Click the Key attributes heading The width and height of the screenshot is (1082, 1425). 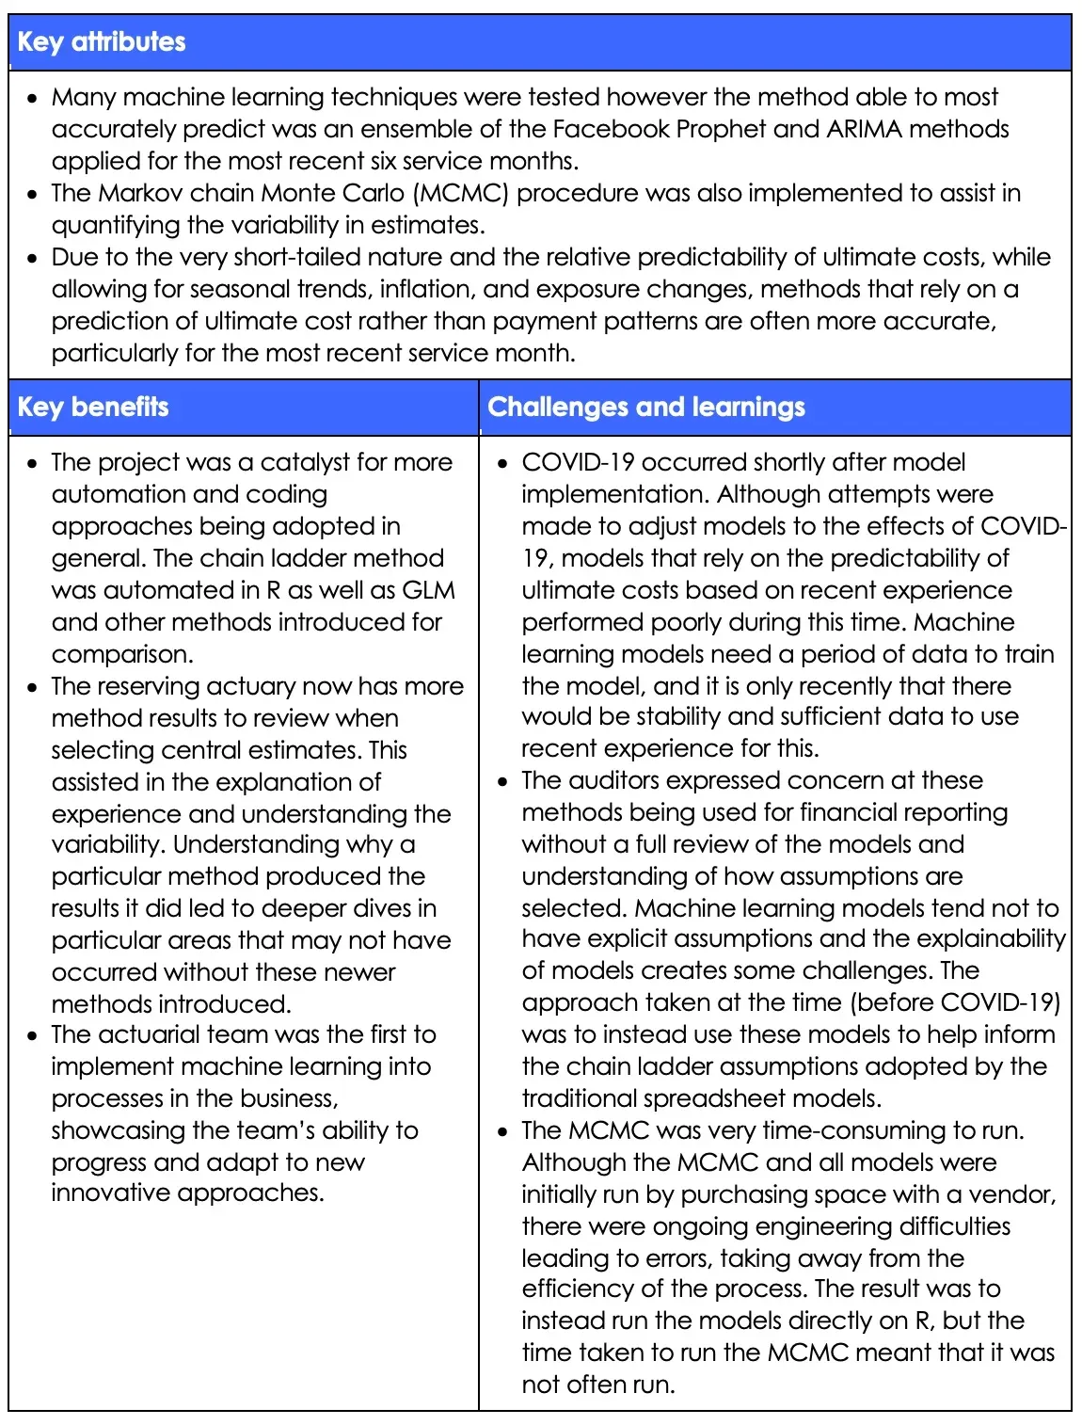tap(102, 41)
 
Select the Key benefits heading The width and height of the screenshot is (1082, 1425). tap(93, 407)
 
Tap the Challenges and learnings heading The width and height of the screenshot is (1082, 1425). tap(646, 407)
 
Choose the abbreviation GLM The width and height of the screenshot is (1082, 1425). tap(429, 590)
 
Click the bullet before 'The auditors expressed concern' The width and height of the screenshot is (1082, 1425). tap(503, 781)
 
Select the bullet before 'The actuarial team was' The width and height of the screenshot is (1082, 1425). tap(33, 1035)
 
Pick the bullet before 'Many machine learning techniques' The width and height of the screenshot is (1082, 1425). tap(33, 98)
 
